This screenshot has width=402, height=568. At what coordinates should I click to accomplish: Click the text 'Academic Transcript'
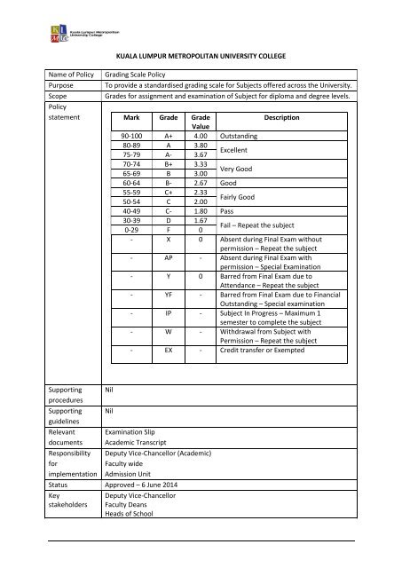145,448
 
